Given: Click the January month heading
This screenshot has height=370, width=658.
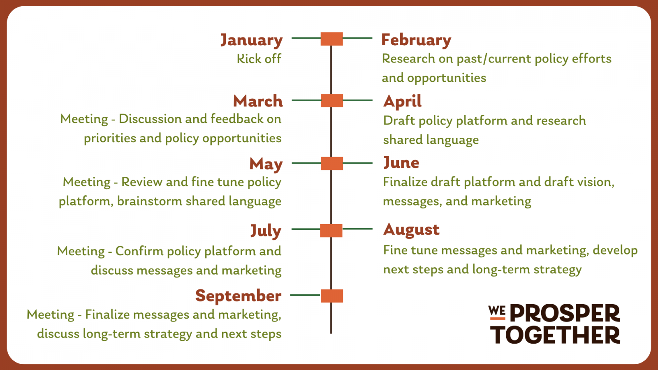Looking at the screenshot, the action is pos(251,40).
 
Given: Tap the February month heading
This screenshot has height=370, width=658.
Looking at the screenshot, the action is pos(416,40).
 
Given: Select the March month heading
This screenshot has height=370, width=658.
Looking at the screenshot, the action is pos(258,101).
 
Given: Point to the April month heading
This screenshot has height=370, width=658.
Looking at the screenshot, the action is pos(403,102).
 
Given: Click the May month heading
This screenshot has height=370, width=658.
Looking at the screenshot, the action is pos(266,164).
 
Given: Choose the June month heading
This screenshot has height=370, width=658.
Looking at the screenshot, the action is pos(401,163).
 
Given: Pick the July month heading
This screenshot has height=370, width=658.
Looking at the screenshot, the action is pos(266,231).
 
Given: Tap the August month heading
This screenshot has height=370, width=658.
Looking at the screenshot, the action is pos(411,230).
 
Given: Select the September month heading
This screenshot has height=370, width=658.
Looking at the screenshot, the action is pos(238,296).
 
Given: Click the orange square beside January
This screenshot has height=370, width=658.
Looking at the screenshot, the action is pos(331,39).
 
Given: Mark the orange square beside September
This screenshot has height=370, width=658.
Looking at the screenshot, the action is pos(331,296).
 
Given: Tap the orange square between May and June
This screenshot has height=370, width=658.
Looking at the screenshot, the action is pos(331,163).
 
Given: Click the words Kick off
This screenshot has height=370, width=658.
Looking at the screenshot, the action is pos(259,58).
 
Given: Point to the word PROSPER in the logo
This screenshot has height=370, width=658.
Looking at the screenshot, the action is pos(565,313).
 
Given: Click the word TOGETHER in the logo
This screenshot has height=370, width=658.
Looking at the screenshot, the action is pos(555,335).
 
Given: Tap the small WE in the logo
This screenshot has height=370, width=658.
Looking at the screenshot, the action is pos(497,311).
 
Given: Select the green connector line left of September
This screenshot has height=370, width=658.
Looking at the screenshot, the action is pos(305,295).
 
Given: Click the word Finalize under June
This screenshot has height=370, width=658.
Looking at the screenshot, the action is pos(405,182).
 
